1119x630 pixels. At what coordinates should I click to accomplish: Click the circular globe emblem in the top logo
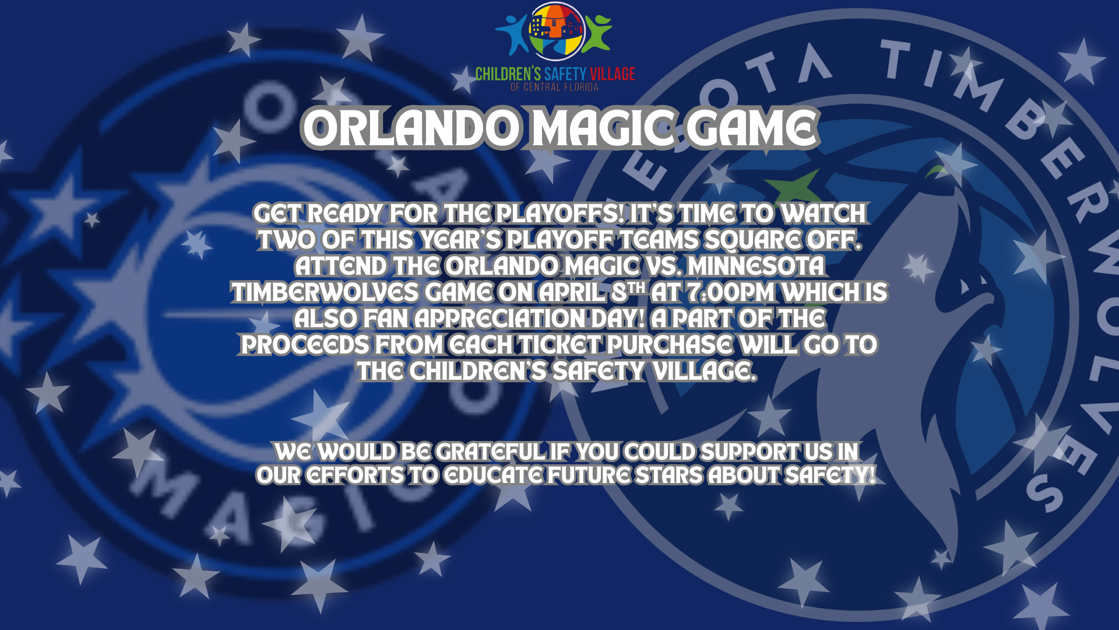(x=557, y=32)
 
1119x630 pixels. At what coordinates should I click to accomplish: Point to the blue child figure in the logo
(x=512, y=34)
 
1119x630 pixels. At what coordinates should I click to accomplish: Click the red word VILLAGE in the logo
(x=613, y=74)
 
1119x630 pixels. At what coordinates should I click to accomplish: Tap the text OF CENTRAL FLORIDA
(x=554, y=87)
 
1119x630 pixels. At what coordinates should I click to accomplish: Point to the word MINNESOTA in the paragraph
(x=756, y=266)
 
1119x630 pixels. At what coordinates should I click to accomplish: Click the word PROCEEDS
(x=305, y=345)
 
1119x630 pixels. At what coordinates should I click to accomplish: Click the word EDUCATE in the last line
(x=493, y=475)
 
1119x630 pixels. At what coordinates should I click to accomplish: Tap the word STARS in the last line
(x=669, y=475)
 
